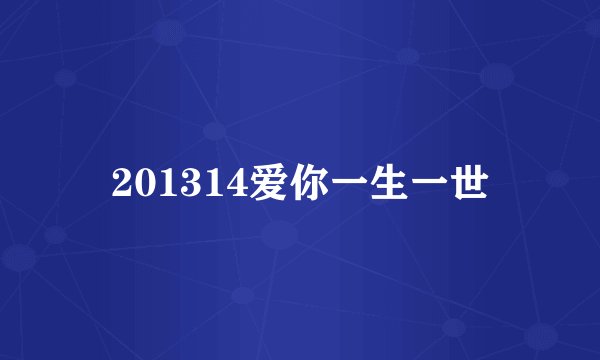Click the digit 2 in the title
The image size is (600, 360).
[122, 184]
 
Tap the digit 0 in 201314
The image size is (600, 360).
[143, 184]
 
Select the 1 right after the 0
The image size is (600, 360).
[164, 184]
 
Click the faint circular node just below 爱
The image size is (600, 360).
[279, 235]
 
